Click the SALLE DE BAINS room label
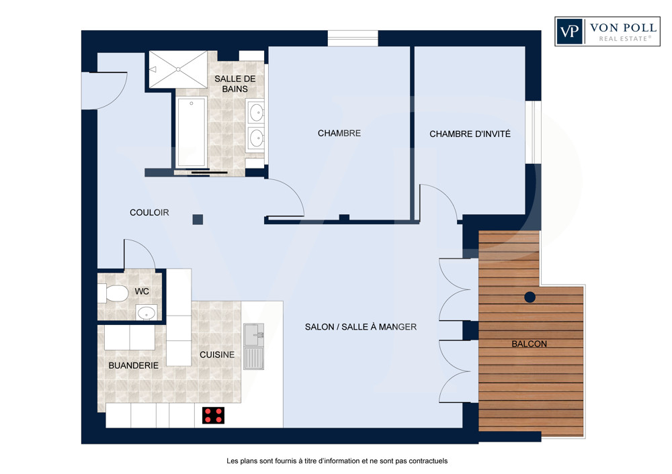click(235, 84)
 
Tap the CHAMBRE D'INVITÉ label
click(470, 134)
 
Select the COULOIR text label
click(149, 212)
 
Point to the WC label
click(142, 291)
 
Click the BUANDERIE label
click(133, 366)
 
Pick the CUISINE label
click(217, 355)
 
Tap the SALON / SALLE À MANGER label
click(361, 327)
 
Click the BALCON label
click(530, 344)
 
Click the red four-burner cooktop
click(214, 415)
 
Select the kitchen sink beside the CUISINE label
click(254, 346)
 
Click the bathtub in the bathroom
click(191, 132)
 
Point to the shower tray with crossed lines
click(178, 69)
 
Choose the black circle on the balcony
click(530, 297)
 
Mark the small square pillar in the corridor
click(198, 220)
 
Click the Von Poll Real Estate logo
click(607, 32)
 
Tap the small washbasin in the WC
click(146, 313)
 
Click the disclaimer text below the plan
click(337, 461)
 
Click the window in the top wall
click(353, 38)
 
